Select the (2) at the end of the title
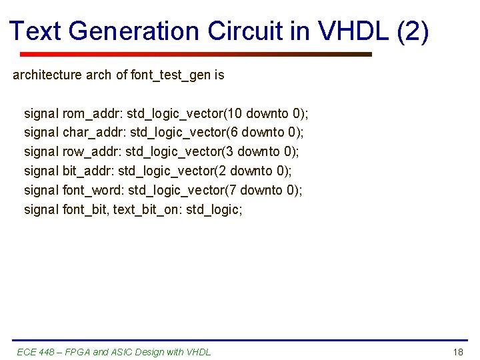(413, 31)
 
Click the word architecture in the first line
(47, 75)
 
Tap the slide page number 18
(457, 352)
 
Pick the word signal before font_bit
(41, 210)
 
